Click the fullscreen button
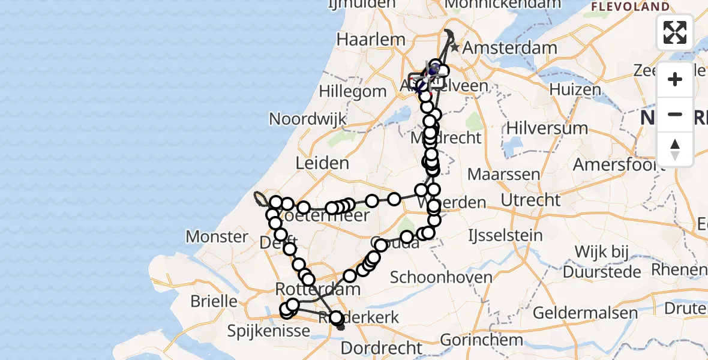click(x=675, y=32)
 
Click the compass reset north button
click(x=675, y=149)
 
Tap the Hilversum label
click(x=547, y=128)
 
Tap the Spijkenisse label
click(x=268, y=330)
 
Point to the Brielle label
click(x=214, y=301)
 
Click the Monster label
click(x=217, y=236)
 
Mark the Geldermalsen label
click(x=576, y=313)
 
